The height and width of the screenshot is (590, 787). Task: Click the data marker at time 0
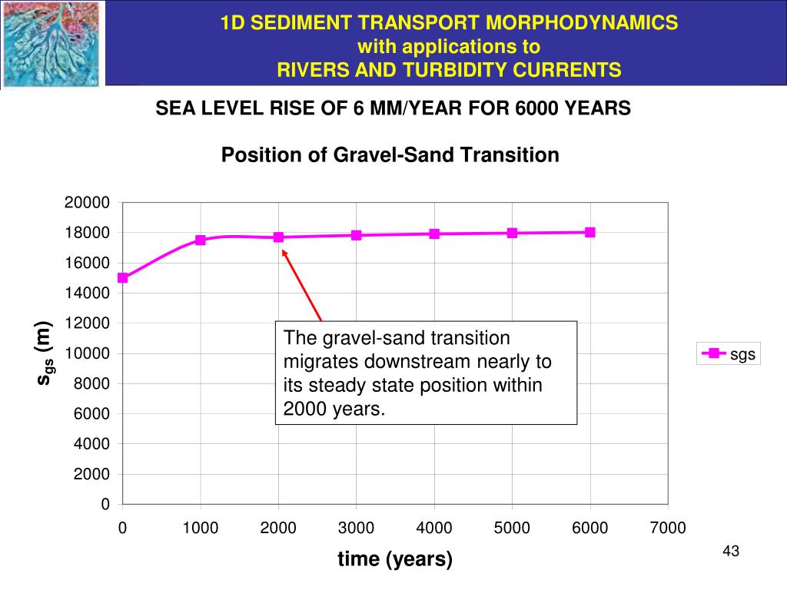tap(123, 278)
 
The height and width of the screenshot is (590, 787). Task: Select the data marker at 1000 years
tap(201, 240)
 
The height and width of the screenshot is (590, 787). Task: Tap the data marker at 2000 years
tap(278, 237)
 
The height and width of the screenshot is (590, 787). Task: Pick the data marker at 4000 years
tap(434, 234)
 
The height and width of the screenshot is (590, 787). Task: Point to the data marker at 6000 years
tap(589, 232)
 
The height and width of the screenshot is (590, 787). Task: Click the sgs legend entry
tap(728, 354)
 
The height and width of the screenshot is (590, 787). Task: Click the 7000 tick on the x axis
tap(668, 528)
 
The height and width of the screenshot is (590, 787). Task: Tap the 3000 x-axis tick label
tap(357, 528)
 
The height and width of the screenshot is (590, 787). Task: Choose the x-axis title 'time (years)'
tap(395, 560)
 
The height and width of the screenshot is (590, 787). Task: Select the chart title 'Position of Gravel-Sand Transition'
tap(390, 155)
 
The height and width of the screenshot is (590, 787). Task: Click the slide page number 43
tap(731, 551)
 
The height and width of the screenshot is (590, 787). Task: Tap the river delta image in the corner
tap(51, 44)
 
